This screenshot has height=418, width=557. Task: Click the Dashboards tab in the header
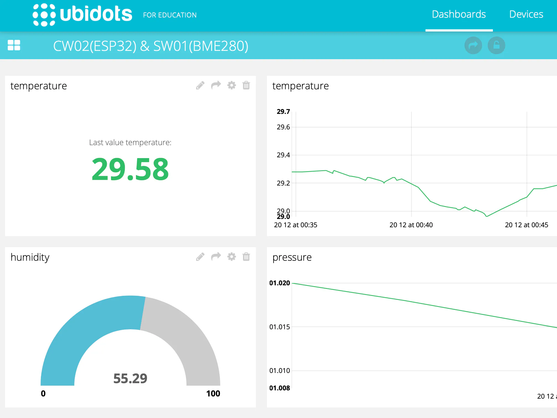(x=459, y=14)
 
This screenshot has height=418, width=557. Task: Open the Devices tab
(x=526, y=14)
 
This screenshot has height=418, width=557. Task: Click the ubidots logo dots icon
(x=44, y=15)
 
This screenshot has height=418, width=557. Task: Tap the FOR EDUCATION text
(x=170, y=15)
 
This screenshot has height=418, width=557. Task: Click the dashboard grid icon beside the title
(x=14, y=45)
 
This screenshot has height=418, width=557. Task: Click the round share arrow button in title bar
(x=473, y=45)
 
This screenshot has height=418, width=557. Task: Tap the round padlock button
(x=496, y=45)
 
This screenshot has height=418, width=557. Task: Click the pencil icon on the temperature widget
(x=200, y=85)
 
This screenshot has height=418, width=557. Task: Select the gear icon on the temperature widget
(x=232, y=85)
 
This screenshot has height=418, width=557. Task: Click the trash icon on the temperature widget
(x=246, y=85)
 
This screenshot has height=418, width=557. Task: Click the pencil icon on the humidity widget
(x=200, y=257)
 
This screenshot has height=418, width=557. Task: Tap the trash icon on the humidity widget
(x=246, y=257)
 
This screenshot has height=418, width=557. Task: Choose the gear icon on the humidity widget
(x=232, y=257)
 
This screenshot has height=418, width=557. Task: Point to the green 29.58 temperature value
(x=130, y=169)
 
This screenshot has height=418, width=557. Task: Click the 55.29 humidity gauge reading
(x=130, y=378)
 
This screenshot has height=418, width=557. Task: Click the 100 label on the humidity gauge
(x=213, y=393)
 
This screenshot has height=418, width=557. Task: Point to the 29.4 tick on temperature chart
(x=283, y=155)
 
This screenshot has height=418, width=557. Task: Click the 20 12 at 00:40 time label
(x=411, y=225)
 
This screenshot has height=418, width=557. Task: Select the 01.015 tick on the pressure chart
(x=280, y=327)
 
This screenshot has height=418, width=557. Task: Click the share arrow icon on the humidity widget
(x=216, y=257)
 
